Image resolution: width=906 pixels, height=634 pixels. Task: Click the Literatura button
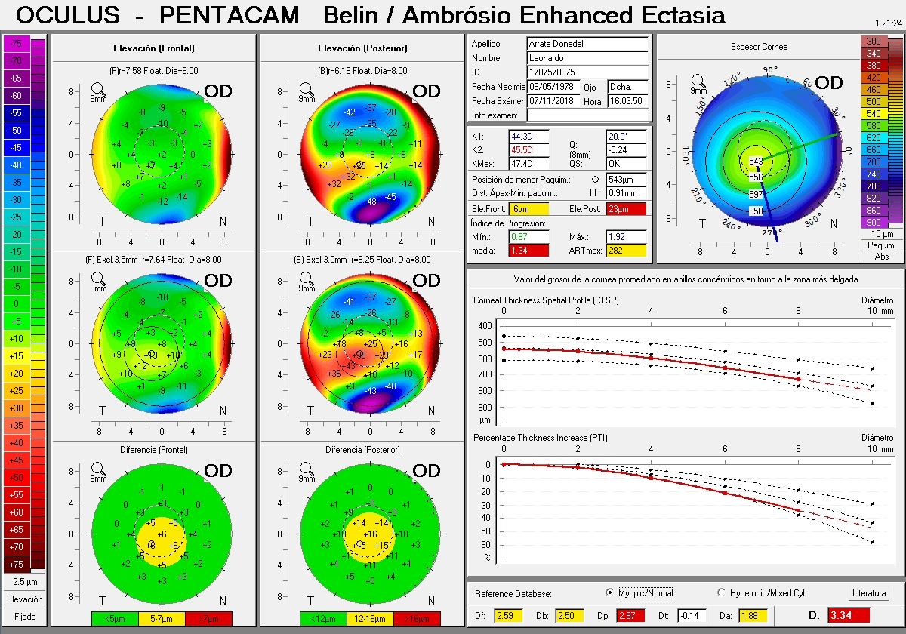pyautogui.click(x=869, y=593)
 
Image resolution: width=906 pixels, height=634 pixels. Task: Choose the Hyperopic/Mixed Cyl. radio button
pyautogui.click(x=721, y=593)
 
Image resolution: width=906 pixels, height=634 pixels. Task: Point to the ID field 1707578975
pyautogui.click(x=587, y=72)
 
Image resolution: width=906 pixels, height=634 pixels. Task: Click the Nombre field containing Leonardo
pyautogui.click(x=587, y=58)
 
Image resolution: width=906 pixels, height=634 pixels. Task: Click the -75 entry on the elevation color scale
pyautogui.click(x=16, y=44)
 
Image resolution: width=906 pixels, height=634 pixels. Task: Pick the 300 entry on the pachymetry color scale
pyautogui.click(x=874, y=42)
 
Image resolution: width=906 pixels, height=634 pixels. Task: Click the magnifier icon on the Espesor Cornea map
pyautogui.click(x=698, y=79)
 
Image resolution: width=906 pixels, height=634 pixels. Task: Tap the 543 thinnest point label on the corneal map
pyautogui.click(x=756, y=162)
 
